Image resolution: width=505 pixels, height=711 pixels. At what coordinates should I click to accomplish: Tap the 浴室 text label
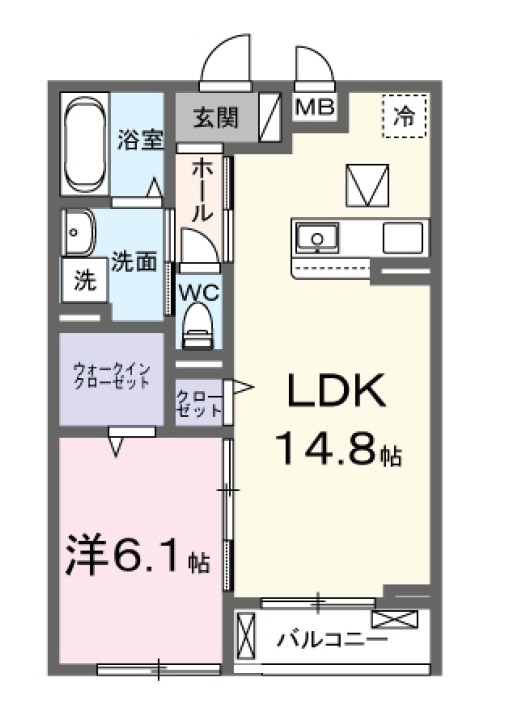point(140,139)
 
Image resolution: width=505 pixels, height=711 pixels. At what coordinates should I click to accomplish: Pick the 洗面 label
point(134,262)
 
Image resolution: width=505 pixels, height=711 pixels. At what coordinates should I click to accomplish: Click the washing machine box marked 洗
point(84,281)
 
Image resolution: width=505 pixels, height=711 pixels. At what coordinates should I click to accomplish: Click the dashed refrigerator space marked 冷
point(404,114)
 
